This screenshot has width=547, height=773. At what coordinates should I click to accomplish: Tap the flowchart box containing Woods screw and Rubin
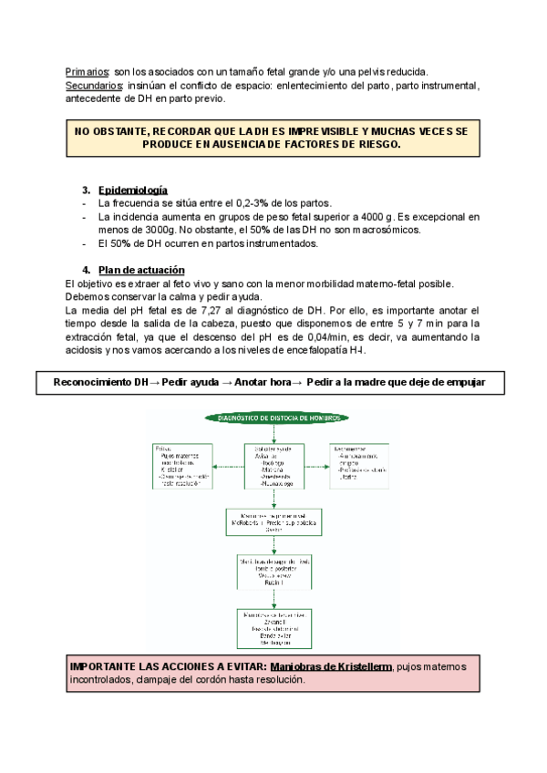point(273,572)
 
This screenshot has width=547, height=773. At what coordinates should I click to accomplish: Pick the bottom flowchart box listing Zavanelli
point(273,629)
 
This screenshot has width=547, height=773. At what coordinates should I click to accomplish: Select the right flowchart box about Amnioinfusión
point(364,462)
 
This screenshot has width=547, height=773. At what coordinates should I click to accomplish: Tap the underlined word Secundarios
point(94,85)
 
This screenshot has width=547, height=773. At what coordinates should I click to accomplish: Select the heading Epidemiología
point(133,190)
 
